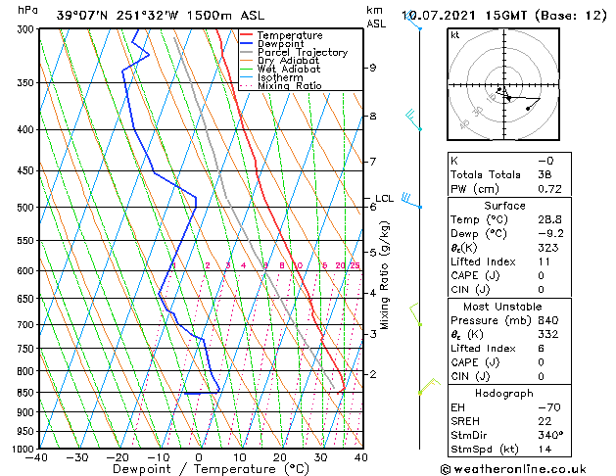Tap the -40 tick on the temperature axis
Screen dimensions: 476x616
point(37,456)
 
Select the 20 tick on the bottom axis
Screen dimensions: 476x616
point(279,456)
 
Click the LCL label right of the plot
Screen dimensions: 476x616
point(384,199)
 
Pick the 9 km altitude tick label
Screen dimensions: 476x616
point(372,68)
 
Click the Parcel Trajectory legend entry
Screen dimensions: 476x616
point(302,53)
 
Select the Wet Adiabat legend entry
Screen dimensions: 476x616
point(291,70)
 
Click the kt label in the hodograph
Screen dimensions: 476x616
point(454,34)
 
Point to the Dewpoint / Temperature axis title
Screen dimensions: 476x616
point(199,469)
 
